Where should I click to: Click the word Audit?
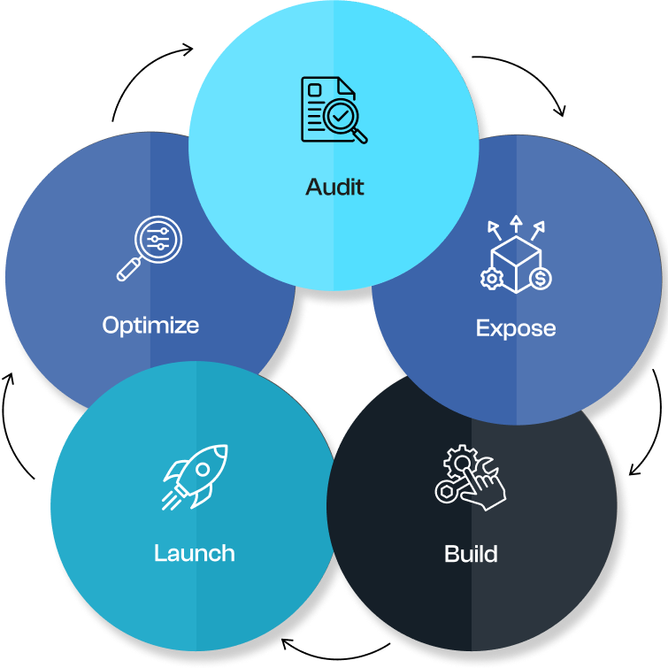(x=334, y=187)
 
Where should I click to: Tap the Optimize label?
(x=150, y=326)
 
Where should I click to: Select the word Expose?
(x=516, y=328)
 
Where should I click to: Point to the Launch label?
(x=195, y=554)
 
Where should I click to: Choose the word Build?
(x=471, y=555)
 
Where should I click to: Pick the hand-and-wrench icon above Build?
(x=470, y=478)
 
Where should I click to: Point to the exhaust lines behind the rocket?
(x=172, y=496)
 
